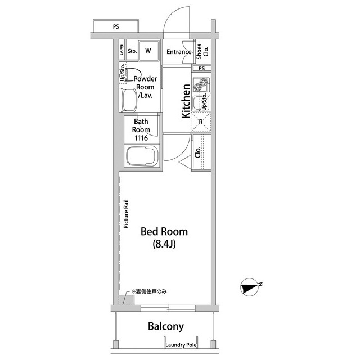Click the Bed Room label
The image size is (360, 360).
tap(164, 231)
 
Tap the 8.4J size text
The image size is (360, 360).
tap(164, 244)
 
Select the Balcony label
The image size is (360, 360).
tap(166, 326)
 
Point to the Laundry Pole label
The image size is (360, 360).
tap(181, 345)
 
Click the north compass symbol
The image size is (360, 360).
tap(250, 287)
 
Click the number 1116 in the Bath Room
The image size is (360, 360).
tap(141, 138)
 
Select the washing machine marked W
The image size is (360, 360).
tap(148, 51)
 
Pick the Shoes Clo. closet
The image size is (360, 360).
tap(203, 51)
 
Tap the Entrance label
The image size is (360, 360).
tap(179, 52)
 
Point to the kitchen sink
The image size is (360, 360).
tap(197, 102)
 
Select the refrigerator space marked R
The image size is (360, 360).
tap(201, 122)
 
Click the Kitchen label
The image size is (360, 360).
tap(186, 101)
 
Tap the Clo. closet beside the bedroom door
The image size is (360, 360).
tap(202, 152)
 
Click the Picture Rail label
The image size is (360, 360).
tap(126, 214)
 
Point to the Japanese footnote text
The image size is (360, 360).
tap(148, 291)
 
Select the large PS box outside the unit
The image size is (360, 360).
tap(116, 26)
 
